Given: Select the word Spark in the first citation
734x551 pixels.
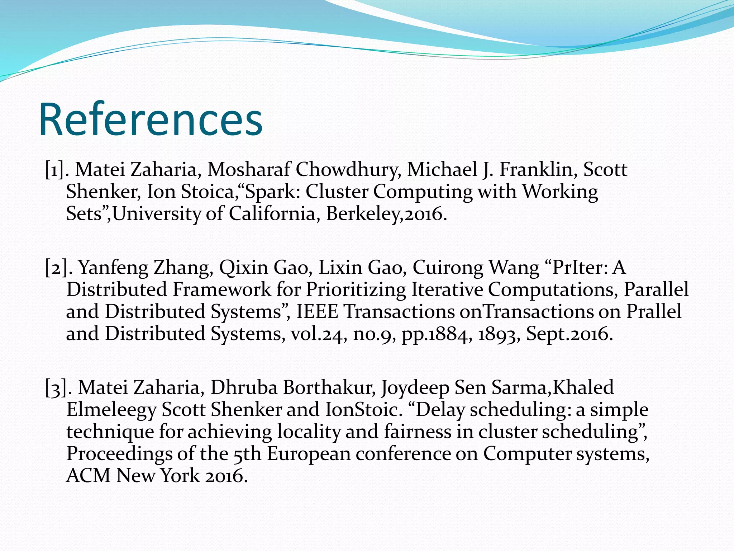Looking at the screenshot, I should (275, 192).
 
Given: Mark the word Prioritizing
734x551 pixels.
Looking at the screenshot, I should (356, 290).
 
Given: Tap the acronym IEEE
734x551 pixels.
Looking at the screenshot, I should (317, 312).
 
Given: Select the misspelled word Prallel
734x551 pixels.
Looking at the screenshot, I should (654, 312).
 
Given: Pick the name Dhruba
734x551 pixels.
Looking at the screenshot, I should (244, 388).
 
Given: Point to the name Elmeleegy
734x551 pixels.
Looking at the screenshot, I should (111, 410).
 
